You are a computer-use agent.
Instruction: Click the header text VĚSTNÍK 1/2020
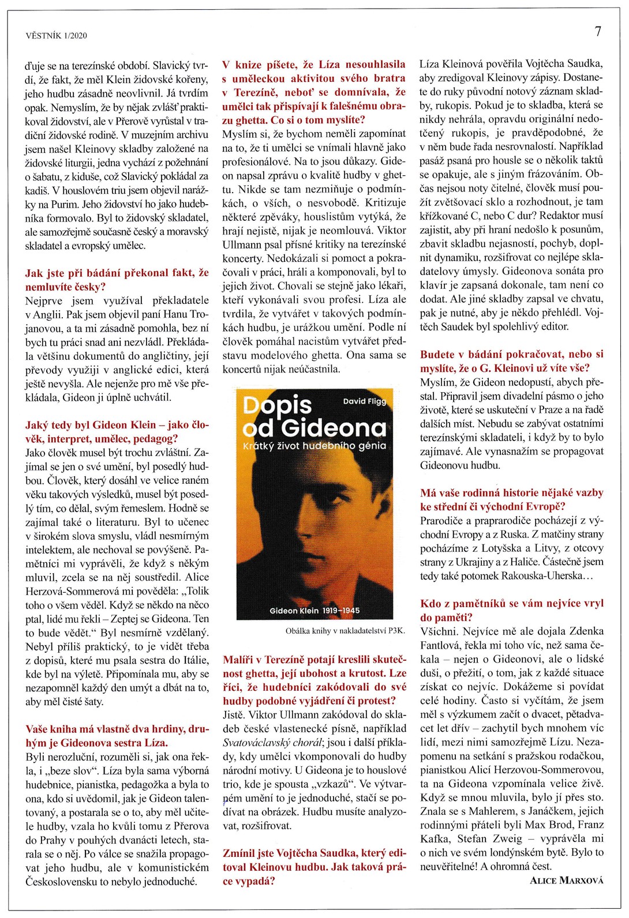[57, 36]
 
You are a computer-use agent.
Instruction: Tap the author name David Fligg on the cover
[364, 401]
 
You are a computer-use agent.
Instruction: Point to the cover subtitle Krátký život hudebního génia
[314, 446]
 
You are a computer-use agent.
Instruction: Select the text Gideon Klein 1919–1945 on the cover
[314, 610]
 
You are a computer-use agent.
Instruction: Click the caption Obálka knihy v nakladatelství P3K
[345, 631]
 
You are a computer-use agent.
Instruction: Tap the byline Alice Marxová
[566, 881]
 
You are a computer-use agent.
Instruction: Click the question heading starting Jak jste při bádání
[117, 280]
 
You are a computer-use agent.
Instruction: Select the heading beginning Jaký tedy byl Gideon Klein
[117, 432]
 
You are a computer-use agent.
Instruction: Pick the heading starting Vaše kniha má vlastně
[117, 736]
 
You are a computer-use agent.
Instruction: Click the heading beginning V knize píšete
[314, 92]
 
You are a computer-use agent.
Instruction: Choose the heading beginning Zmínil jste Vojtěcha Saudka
[314, 867]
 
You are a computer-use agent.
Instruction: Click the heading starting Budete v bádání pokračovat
[511, 361]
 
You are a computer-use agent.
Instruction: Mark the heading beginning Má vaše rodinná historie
[511, 499]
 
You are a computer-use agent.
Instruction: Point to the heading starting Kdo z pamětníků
[511, 610]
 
